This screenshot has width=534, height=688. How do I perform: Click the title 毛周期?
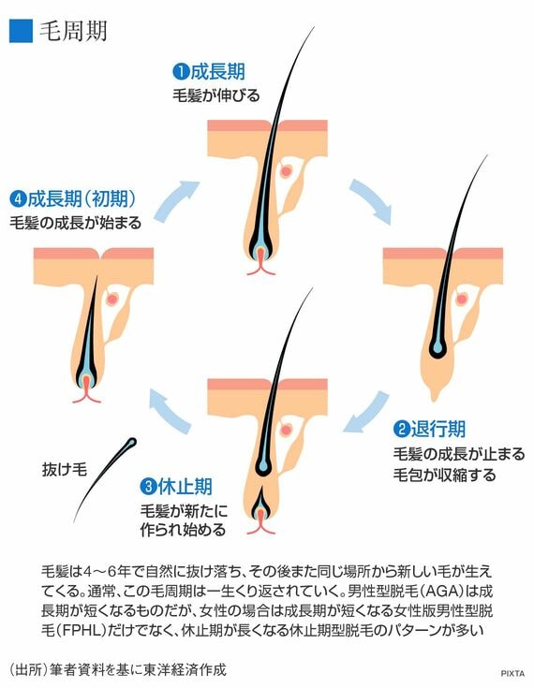click(73, 30)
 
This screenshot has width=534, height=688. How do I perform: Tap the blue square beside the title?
click(21, 30)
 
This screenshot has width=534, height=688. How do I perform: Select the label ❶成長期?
click(208, 71)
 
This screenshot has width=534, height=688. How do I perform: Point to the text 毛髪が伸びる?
click(215, 95)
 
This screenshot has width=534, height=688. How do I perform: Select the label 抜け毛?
click(64, 469)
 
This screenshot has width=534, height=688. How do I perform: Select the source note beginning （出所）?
click(117, 670)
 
